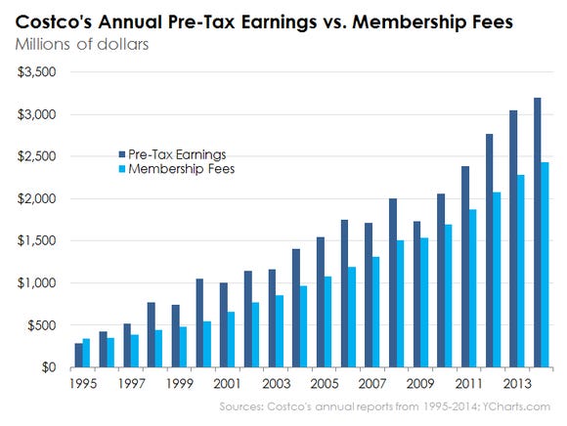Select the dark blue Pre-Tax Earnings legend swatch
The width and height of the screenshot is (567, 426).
click(122, 153)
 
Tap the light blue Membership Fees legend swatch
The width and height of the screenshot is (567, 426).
click(122, 168)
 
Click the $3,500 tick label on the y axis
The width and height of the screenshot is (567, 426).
click(37, 72)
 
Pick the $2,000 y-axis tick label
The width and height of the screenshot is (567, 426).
click(37, 199)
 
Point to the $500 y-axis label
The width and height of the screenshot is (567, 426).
click(43, 325)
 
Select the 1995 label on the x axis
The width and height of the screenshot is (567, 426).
click(83, 385)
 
